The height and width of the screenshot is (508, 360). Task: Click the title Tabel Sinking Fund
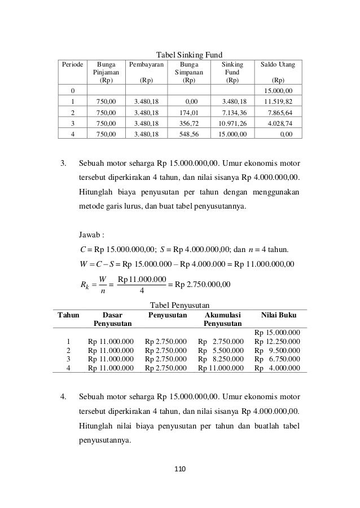(x=179, y=54)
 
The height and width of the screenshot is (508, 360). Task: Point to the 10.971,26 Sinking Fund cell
(x=232, y=123)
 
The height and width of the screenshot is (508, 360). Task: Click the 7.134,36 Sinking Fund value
(x=232, y=113)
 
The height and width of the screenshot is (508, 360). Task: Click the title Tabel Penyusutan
(x=179, y=304)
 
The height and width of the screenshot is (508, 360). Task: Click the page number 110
(x=180, y=469)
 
